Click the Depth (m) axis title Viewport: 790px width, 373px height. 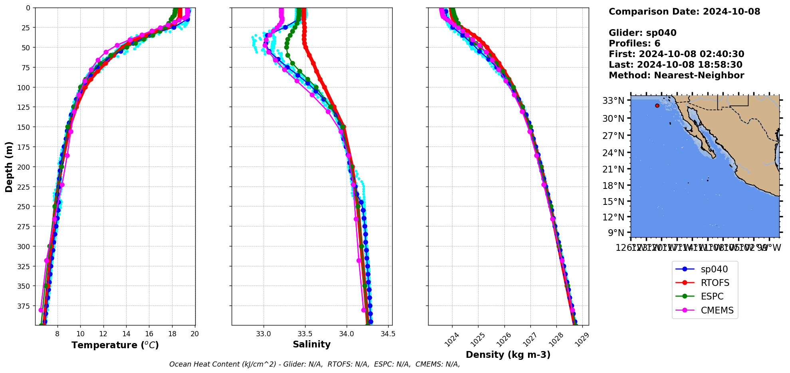click(9, 167)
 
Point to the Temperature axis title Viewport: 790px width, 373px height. click(115, 345)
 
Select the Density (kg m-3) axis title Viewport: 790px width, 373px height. click(508, 355)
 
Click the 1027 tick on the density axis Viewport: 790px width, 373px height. click(529, 339)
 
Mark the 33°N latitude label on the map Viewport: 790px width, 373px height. click(613, 101)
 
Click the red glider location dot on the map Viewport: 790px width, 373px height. click(657, 105)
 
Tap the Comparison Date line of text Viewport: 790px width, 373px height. click(684, 12)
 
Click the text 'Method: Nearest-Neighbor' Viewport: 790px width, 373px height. click(676, 75)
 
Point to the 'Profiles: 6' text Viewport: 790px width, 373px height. click(634, 44)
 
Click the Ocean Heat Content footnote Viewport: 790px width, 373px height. click(314, 364)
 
